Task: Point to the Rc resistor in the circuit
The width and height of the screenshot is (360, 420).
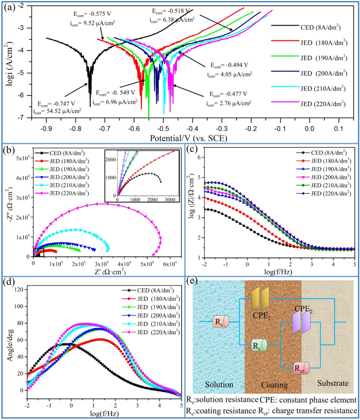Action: click(259, 344)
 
